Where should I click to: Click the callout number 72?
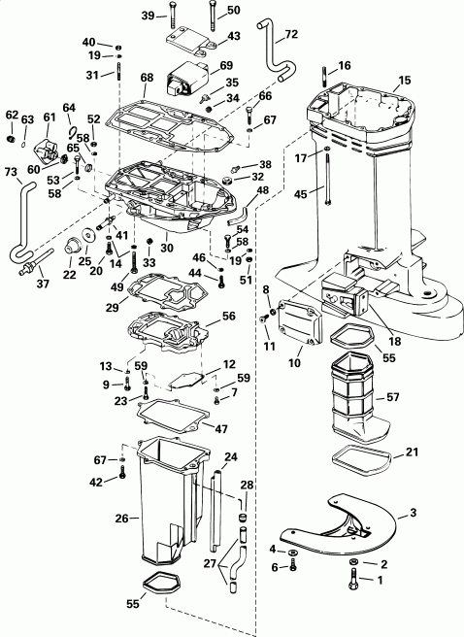click(x=291, y=36)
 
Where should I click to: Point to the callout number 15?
click(x=404, y=79)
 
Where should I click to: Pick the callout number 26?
click(x=122, y=519)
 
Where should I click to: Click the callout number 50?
click(x=233, y=10)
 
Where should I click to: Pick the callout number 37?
click(x=40, y=285)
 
